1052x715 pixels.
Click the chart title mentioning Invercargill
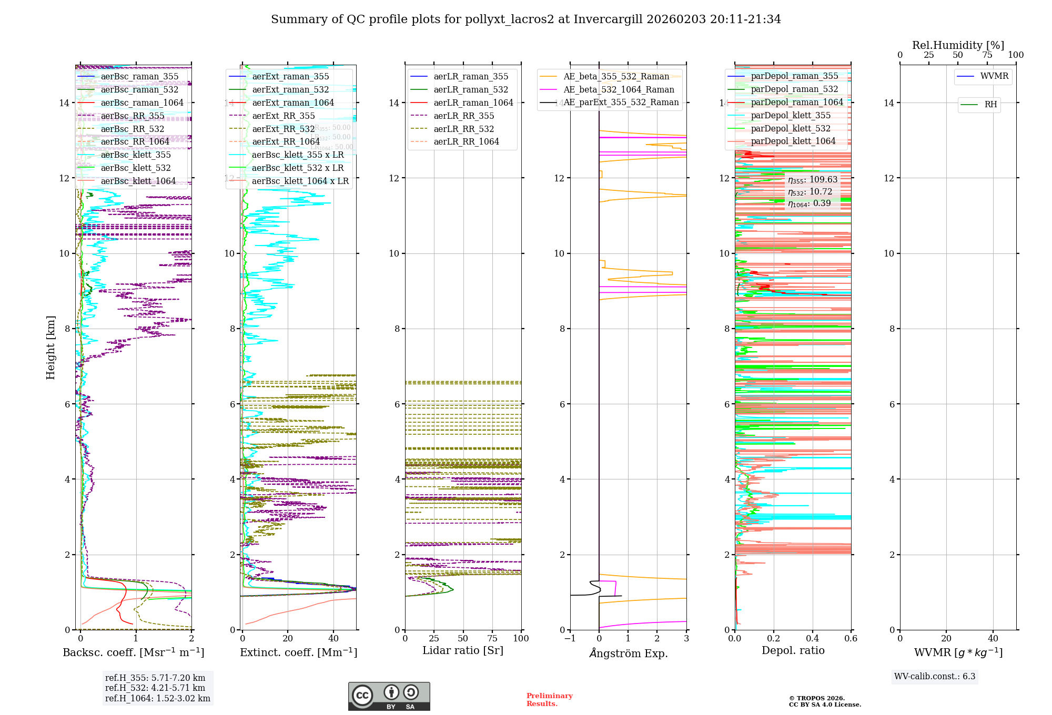coord(525,19)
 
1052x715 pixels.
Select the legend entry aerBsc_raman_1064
coord(142,103)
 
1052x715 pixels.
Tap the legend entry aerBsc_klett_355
coord(136,155)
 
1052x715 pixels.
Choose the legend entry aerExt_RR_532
coord(284,129)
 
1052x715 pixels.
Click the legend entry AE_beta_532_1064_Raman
coord(619,89)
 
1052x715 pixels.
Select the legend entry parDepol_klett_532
coord(791,128)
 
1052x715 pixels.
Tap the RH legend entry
coord(990,105)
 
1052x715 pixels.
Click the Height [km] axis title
coord(50,347)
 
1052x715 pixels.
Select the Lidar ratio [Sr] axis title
coord(463,650)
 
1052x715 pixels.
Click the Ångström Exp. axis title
coord(628,653)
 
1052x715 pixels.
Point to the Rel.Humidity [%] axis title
coord(958,45)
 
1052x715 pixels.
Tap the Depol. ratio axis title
coord(793,650)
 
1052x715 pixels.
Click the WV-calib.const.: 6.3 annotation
coord(935,676)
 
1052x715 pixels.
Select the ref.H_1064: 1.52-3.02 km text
coord(157,698)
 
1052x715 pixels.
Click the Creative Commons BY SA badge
coord(389,696)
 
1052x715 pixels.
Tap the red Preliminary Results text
coord(549,699)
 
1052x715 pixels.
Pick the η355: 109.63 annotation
coord(812,180)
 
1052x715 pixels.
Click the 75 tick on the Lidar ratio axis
coord(492,638)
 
